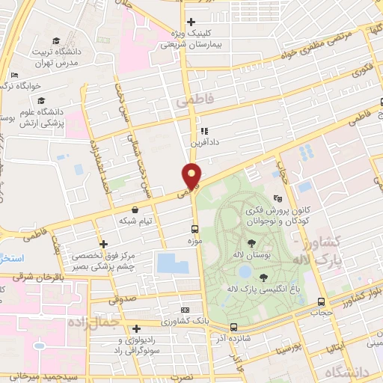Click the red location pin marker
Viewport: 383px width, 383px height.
pos(192,175)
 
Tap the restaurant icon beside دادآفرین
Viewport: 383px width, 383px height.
pos(204,132)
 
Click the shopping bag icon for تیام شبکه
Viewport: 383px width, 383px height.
pos(135,210)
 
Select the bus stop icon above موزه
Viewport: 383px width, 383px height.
pos(194,230)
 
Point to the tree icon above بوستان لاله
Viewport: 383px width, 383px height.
pos(251,243)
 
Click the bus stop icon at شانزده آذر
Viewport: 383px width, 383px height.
pos(234,327)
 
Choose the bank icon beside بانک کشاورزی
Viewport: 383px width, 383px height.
pos(186,310)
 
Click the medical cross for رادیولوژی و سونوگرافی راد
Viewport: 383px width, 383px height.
pos(136,329)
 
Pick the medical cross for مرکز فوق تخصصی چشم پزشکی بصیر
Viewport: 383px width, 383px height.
pos(103,244)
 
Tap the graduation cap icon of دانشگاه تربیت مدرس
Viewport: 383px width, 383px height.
pos(57,41)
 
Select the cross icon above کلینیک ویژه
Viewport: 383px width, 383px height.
pos(191,22)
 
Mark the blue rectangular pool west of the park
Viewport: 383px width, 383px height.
pos(174,263)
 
